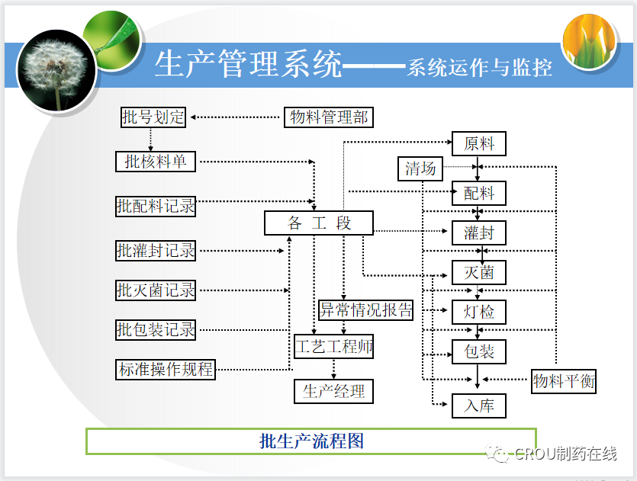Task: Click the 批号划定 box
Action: pos(153,117)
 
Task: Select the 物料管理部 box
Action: pos(329,117)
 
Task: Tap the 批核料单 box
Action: pos(156,162)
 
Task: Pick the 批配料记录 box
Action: pos(156,206)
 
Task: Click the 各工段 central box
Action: pos(319,223)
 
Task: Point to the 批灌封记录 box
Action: pos(156,250)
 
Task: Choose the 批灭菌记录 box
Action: pos(156,290)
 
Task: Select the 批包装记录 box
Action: pos(156,330)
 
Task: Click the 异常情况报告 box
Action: pos(365,309)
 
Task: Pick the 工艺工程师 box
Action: pos(334,347)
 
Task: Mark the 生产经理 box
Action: pos(333,391)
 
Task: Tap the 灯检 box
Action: pos(479,312)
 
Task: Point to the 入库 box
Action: pos(479,406)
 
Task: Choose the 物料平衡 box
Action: pos(564,381)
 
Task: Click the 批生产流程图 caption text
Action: pos(311,441)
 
